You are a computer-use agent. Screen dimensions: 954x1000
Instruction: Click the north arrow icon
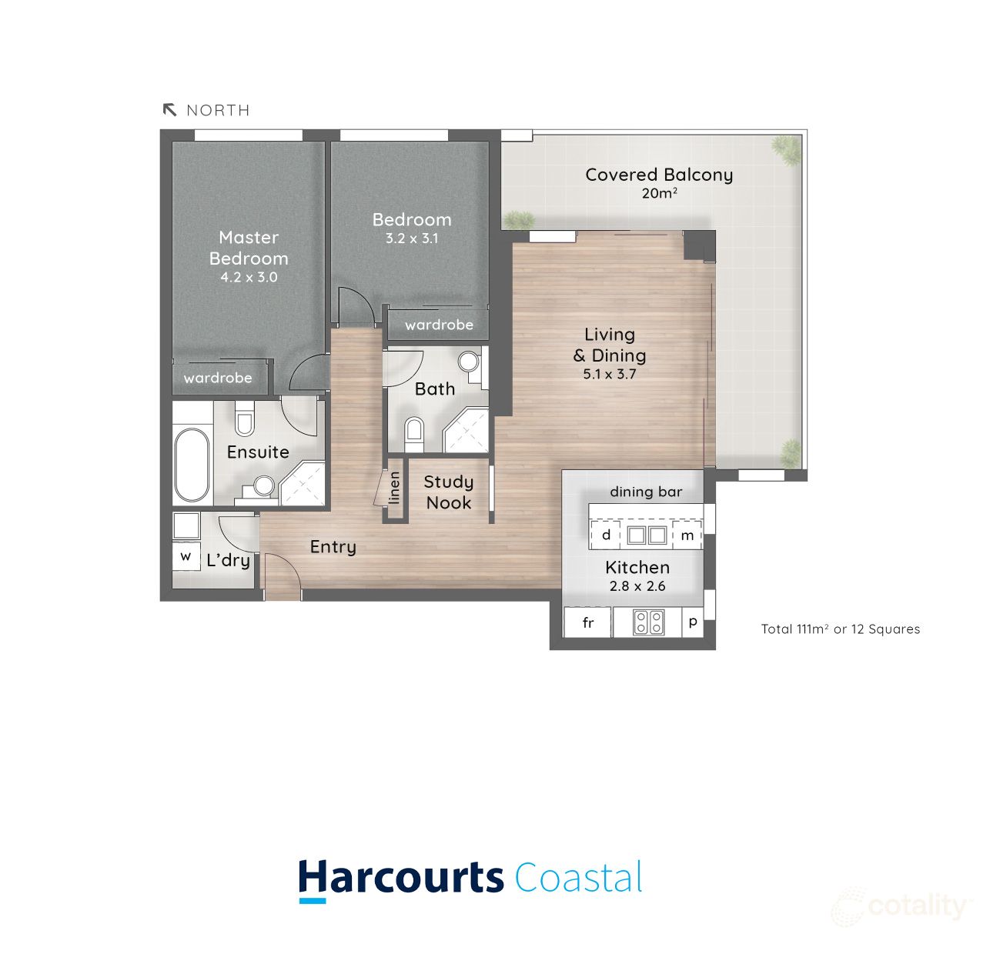(170, 110)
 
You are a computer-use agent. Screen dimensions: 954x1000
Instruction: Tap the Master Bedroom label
(249, 248)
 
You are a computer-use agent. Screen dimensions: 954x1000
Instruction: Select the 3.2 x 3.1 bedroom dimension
(412, 239)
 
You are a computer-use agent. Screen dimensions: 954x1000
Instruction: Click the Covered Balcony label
(659, 175)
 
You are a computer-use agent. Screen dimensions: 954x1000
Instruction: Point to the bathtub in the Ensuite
(191, 465)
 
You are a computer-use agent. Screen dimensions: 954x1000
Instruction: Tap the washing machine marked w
(186, 555)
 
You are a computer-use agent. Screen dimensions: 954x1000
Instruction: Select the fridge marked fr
(588, 622)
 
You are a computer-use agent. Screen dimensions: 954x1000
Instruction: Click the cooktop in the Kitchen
(648, 622)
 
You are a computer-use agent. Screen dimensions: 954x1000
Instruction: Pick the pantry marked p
(693, 622)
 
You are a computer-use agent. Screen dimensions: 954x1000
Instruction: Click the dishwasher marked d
(607, 535)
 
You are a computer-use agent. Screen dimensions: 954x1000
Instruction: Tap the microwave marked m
(687, 535)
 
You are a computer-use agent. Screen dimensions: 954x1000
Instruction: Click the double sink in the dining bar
(647, 534)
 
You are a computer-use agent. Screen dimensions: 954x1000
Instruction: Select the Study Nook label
(449, 492)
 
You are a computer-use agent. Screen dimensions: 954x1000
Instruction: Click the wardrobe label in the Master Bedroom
(218, 378)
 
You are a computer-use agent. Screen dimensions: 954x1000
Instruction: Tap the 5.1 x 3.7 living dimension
(610, 375)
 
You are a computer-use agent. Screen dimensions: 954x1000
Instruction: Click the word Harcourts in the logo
(401, 878)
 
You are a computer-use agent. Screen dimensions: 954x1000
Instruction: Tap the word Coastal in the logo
(578, 878)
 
